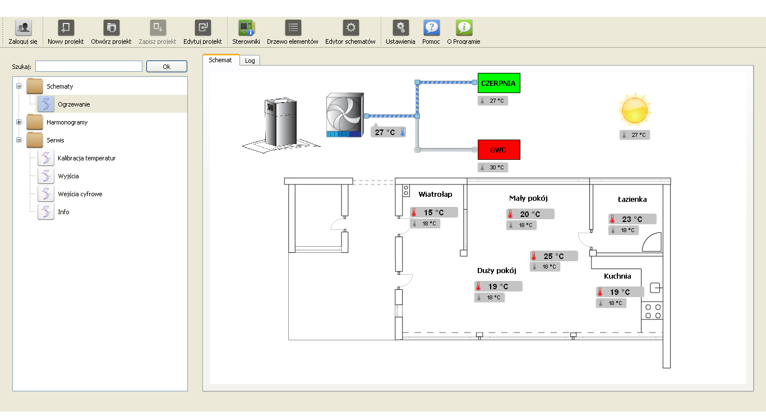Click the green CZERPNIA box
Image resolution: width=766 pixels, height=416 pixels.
(499, 83)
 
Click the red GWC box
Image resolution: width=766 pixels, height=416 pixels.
(499, 150)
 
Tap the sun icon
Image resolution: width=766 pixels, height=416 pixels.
(635, 110)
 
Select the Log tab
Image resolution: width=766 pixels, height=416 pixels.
(250, 61)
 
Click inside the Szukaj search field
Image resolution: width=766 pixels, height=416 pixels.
(89, 66)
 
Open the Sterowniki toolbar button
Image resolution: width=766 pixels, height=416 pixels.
(246, 32)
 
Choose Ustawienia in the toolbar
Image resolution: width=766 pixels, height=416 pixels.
(400, 32)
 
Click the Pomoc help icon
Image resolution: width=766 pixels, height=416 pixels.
(431, 27)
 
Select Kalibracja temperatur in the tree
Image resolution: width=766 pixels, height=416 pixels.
(86, 158)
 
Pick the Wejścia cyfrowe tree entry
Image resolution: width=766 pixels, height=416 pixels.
(80, 194)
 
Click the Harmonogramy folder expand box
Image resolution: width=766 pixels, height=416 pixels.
(19, 122)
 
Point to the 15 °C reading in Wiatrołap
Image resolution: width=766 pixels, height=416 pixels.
(434, 212)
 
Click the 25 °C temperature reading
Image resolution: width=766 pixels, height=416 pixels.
(554, 256)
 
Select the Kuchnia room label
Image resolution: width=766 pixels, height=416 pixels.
(617, 276)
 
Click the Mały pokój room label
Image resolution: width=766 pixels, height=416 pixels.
(528, 198)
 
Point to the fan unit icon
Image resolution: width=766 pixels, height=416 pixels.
(345, 115)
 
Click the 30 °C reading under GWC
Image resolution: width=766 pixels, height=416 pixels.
(493, 168)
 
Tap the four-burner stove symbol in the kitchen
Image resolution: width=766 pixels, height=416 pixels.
(653, 311)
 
